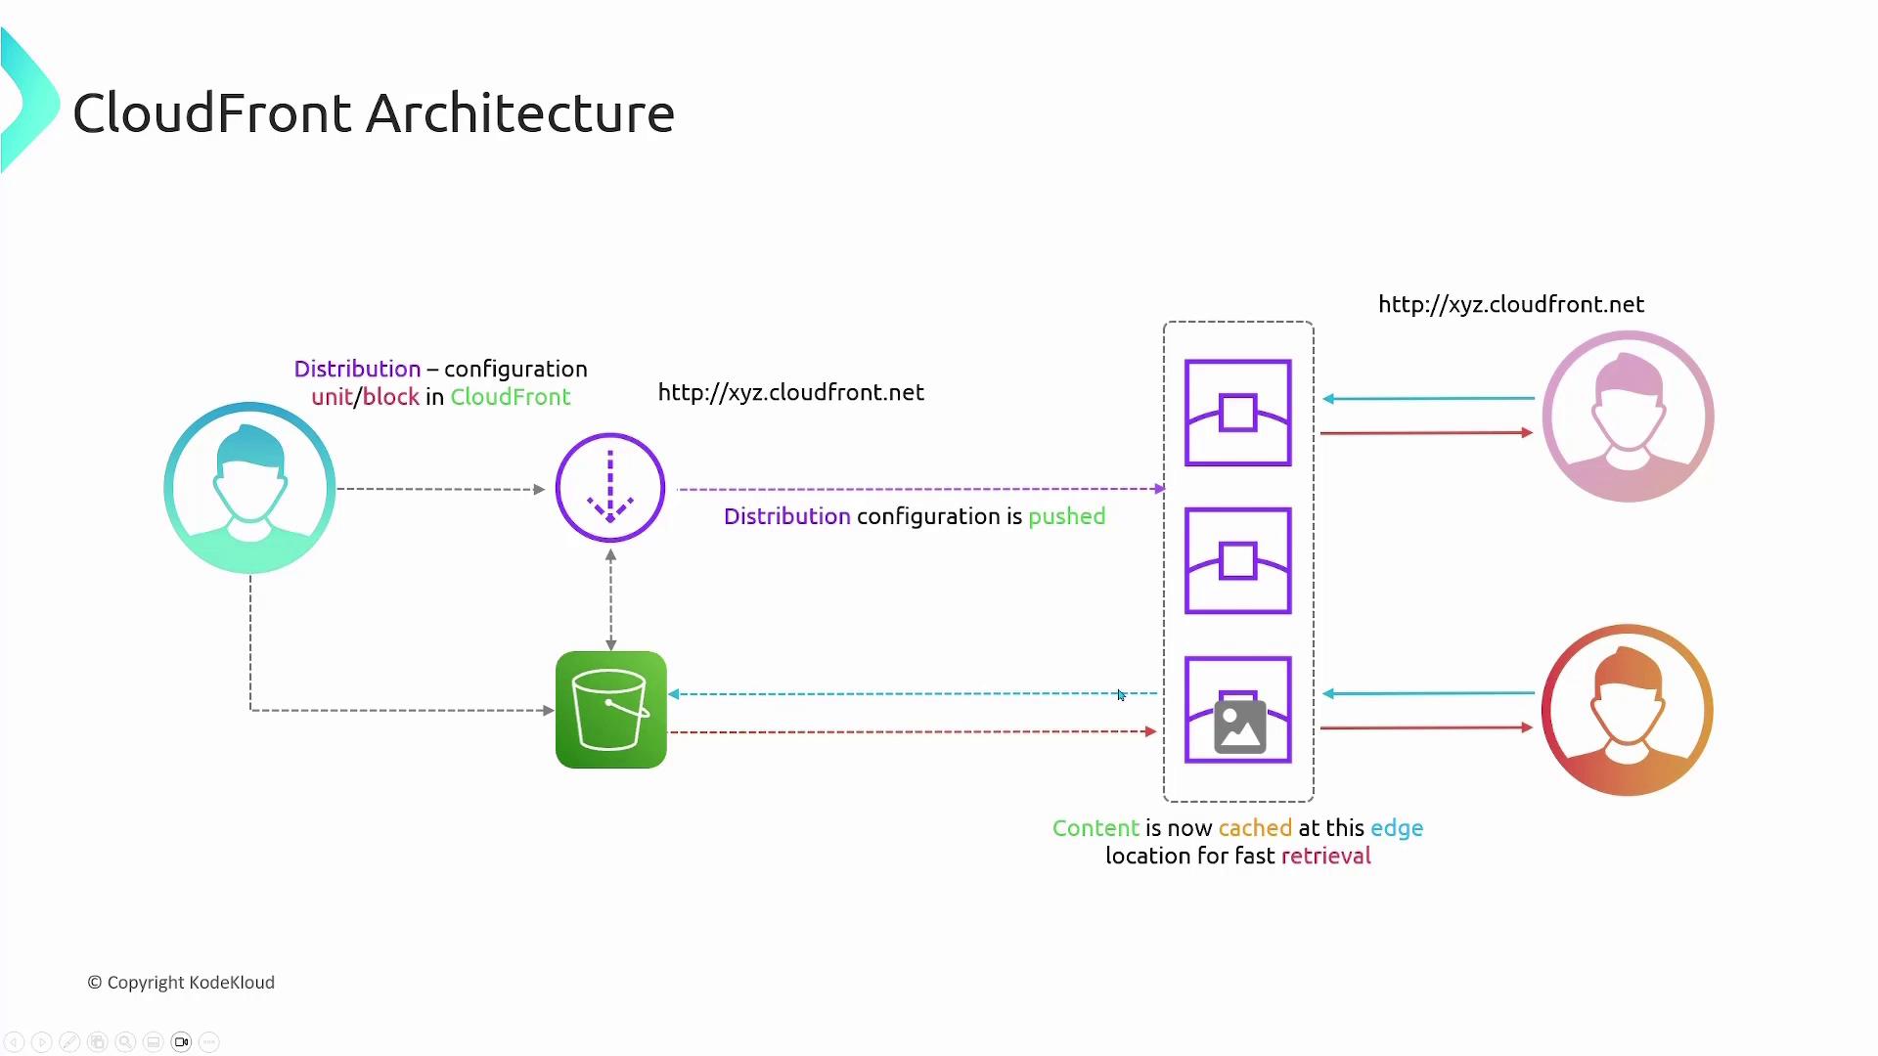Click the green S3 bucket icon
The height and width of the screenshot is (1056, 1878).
(x=610, y=710)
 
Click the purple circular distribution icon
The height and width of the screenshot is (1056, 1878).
(x=610, y=488)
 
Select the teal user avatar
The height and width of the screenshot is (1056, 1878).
(x=249, y=488)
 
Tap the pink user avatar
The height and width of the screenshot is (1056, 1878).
(x=1628, y=417)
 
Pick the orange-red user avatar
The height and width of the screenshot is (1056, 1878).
(x=1628, y=710)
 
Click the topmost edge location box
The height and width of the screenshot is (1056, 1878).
(x=1237, y=413)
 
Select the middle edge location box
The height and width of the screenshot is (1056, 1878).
(x=1237, y=560)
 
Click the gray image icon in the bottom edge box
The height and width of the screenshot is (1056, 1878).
(x=1239, y=726)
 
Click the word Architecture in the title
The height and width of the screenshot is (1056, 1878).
(x=520, y=113)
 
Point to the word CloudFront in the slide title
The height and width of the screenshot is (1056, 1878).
(x=211, y=113)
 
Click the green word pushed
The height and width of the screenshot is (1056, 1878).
(x=1066, y=516)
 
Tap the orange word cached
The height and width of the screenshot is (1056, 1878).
(x=1255, y=828)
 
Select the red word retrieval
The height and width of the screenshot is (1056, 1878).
(x=1325, y=857)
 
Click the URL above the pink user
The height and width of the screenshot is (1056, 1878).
(x=1511, y=304)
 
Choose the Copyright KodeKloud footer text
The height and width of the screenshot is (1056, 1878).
(x=181, y=983)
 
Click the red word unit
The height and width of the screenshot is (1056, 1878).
(x=332, y=397)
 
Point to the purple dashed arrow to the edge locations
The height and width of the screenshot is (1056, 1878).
(x=919, y=489)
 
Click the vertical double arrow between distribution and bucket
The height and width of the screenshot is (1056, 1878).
(x=610, y=599)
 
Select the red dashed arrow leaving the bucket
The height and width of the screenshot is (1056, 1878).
(x=910, y=731)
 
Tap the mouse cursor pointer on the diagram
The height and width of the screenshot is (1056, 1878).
(x=1121, y=695)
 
